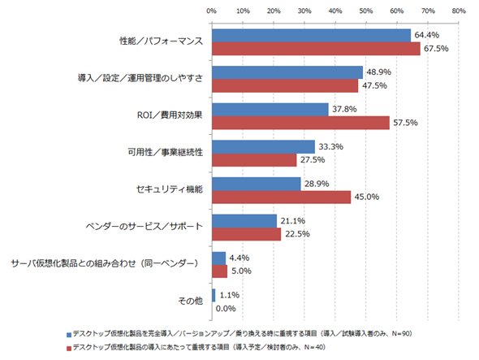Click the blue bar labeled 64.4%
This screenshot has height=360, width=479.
click(311, 36)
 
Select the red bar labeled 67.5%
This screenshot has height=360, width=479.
click(316, 49)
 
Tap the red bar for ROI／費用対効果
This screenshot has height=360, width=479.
click(301, 123)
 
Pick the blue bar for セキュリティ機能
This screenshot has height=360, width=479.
click(257, 184)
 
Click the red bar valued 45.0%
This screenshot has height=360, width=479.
click(282, 197)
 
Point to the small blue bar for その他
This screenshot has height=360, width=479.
click(214, 295)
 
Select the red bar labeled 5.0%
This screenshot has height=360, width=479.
click(220, 271)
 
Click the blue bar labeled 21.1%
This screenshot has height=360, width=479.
click(244, 221)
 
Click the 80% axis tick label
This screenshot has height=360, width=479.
click(459, 11)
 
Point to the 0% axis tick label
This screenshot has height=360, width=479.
click(211, 11)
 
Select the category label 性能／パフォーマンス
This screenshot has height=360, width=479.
click(161, 41)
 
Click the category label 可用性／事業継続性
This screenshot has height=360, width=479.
click(166, 152)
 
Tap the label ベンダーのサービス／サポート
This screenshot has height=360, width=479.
click(145, 227)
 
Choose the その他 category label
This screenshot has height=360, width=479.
click(191, 301)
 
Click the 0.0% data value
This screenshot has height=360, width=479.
click(226, 309)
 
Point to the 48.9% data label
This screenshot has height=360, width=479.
click(379, 72)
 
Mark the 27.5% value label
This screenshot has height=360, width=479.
click(313, 160)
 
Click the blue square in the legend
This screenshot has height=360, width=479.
click(69, 335)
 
